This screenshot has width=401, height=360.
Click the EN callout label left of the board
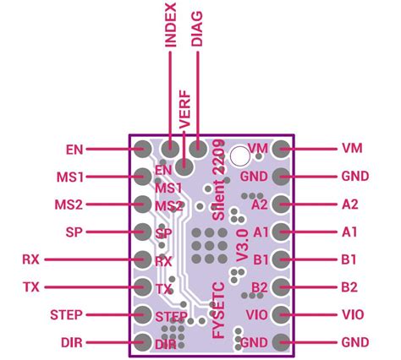click(74, 150)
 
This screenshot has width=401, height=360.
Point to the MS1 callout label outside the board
click(69, 177)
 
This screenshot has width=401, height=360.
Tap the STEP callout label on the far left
click(65, 315)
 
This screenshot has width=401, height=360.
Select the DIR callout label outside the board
click(72, 343)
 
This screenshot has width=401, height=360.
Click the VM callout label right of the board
click(352, 149)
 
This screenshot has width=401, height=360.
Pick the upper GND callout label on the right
click(354, 177)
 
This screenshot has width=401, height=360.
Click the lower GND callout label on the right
click(354, 342)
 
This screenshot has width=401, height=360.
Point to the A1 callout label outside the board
click(350, 232)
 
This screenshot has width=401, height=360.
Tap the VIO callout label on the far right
click(353, 314)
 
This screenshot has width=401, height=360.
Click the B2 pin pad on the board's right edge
click(282, 287)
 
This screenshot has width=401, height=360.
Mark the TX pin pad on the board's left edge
click(141, 288)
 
